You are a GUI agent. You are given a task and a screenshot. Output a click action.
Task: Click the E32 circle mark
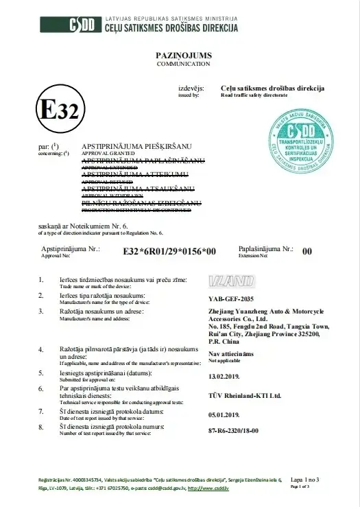pyautogui.click(x=60, y=110)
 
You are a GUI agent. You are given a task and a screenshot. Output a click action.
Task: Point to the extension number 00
pyautogui.click(x=307, y=252)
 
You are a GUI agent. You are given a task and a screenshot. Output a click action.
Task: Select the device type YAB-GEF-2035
pyautogui.click(x=235, y=299)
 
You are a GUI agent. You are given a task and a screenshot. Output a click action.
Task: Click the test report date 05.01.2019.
pyautogui.click(x=226, y=414)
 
